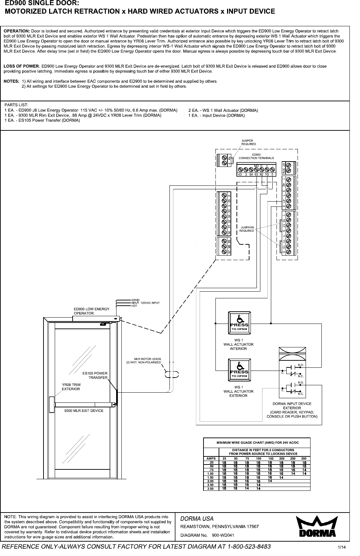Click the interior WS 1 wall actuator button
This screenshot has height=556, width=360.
(239, 321)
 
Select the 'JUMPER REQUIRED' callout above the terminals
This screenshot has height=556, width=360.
(248, 142)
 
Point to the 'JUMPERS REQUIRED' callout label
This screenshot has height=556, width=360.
(247, 229)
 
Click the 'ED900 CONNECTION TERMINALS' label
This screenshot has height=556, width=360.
(256, 156)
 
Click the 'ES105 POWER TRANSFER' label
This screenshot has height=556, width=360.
(95, 375)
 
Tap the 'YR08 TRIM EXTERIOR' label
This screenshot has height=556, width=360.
(71, 387)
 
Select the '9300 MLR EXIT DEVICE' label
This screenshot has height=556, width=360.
(84, 410)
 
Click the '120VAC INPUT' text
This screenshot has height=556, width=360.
(150, 303)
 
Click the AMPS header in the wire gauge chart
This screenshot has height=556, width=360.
(211, 458)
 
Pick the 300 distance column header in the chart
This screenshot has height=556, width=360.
(304, 458)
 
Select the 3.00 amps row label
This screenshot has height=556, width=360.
(211, 489)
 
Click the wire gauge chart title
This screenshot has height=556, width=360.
(256, 443)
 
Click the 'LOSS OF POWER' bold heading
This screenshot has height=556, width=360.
(21, 66)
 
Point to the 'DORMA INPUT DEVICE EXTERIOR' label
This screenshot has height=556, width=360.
(292, 406)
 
